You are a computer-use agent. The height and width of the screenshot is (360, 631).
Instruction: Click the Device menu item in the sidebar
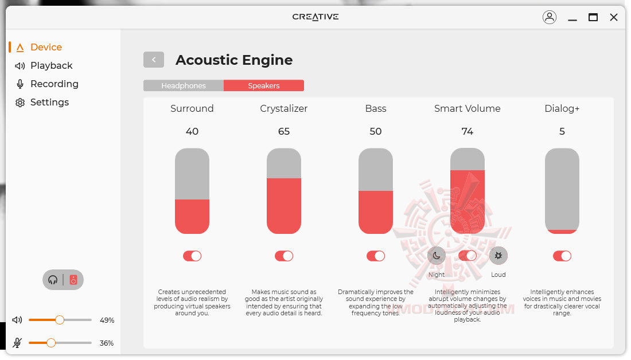39,47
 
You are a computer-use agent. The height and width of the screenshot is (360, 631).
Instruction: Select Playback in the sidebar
44,65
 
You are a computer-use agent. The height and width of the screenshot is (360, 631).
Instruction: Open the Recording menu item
46,84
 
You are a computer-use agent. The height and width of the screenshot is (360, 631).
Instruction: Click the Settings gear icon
20,103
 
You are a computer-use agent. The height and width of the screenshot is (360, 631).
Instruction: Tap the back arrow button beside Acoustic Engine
154,60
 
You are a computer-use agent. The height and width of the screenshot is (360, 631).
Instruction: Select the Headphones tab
184,85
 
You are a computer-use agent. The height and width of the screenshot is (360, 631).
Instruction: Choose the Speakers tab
264,85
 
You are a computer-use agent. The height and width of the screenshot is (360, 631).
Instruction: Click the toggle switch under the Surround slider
192,256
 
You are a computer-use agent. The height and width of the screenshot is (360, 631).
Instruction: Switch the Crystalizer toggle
284,256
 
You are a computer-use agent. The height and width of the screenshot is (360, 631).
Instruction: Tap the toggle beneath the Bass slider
376,256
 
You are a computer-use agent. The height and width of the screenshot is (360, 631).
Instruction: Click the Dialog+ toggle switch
562,256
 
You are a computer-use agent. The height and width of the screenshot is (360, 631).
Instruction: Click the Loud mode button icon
498,256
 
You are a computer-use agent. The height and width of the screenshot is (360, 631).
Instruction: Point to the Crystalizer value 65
284,131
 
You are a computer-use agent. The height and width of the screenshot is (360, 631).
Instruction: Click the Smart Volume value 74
467,131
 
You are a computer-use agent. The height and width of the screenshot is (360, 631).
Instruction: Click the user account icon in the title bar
550,17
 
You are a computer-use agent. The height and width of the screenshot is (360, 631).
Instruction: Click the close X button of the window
614,17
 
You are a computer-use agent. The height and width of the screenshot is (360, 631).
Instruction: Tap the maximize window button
593,17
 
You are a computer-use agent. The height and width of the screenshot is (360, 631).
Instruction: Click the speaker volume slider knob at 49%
60,320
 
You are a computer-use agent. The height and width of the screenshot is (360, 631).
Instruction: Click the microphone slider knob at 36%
50,343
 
